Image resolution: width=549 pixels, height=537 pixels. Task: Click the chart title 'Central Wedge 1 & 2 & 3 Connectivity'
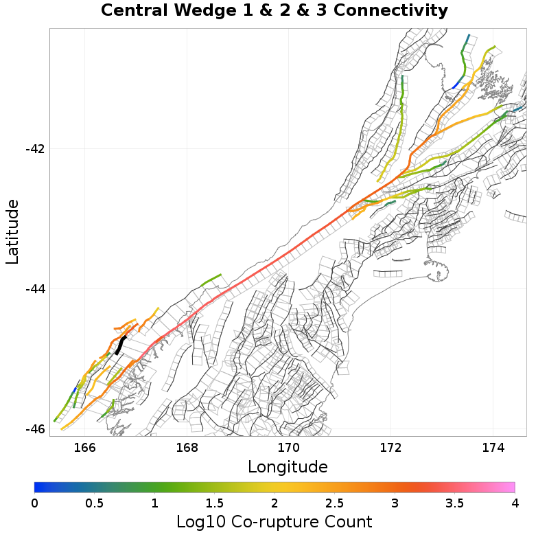274,11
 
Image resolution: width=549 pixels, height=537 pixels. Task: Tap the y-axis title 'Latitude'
12,231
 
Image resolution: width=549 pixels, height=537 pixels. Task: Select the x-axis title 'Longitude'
288,467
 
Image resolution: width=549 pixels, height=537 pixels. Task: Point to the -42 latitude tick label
36,149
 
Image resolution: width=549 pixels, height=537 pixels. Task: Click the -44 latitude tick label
36,289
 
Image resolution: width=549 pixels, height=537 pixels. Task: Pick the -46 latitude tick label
36,429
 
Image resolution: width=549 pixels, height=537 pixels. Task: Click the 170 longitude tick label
288,448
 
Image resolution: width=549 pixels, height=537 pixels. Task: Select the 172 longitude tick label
390,448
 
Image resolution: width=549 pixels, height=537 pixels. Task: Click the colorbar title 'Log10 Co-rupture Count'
274,521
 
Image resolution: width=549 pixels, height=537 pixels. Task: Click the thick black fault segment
121,344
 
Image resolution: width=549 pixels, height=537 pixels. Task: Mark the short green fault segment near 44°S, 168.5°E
212,279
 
